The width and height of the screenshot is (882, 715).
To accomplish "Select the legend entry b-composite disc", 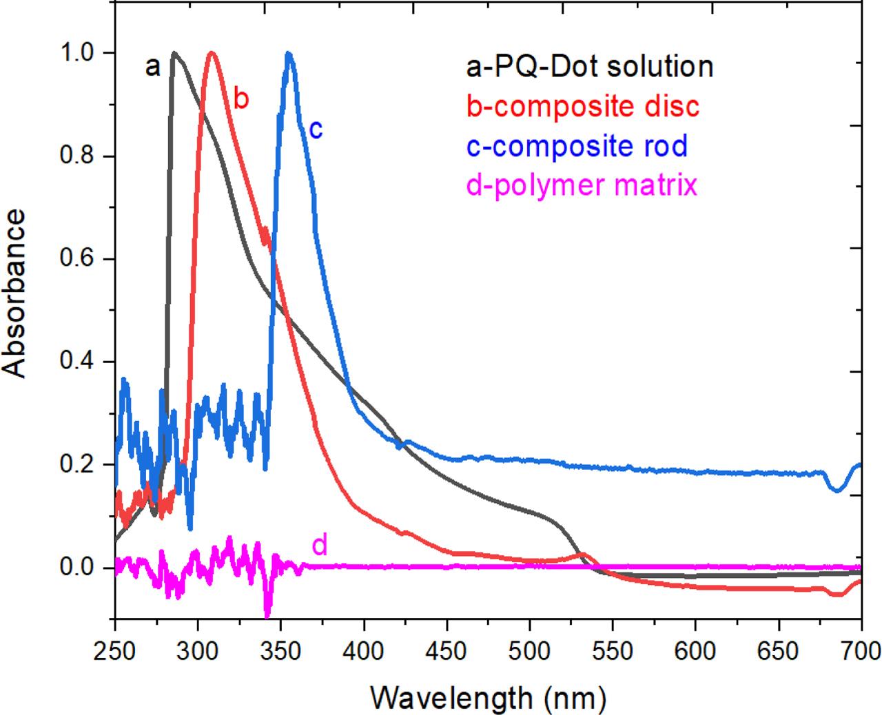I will coord(573,107).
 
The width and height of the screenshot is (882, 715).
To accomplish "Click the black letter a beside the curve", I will coord(153,67).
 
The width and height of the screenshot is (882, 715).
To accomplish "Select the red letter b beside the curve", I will coord(240,99).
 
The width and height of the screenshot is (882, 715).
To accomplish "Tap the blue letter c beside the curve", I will coord(316,129).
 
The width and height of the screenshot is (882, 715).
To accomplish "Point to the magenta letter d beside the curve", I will coord(320,546).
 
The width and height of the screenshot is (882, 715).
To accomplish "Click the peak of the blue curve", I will coord(289,54).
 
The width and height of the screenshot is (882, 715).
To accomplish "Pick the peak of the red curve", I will coord(212,52).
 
